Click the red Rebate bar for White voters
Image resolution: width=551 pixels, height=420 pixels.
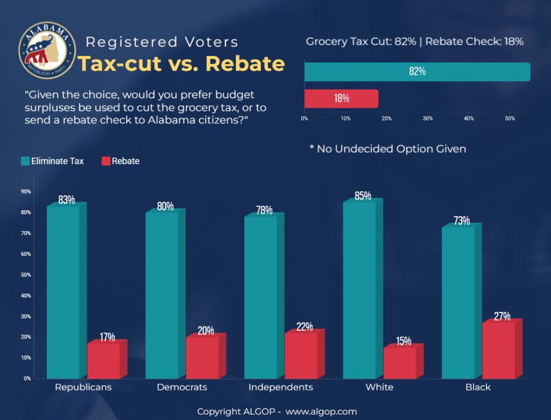tap(400, 363)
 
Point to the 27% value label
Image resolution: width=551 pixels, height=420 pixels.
tap(502, 316)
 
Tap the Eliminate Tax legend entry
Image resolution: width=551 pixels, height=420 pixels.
tap(52, 161)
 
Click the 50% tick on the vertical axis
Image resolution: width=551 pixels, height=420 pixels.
tap(25, 275)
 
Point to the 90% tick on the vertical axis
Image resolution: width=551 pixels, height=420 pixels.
tap(25, 191)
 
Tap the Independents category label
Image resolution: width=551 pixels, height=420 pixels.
tap(280, 387)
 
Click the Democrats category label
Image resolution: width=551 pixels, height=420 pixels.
tap(182, 387)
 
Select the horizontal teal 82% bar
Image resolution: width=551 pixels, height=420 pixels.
tap(417, 72)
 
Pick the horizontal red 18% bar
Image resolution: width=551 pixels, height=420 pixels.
tap(341, 99)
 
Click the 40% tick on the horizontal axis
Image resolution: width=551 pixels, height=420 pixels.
tap(469, 118)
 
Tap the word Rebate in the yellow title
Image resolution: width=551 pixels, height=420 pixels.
tap(245, 64)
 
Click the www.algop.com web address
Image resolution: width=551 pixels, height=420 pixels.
tap(321, 411)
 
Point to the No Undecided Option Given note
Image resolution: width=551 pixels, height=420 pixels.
tap(388, 148)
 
